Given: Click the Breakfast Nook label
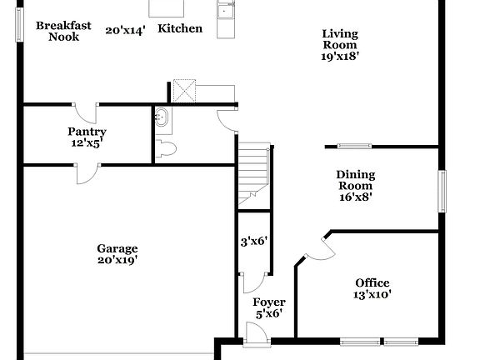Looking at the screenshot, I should [x=63, y=31].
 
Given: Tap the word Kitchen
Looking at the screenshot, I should [x=180, y=28].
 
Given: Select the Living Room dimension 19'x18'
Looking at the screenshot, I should [x=340, y=57].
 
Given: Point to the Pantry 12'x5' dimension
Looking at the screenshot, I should [x=87, y=143].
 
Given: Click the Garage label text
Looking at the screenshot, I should [x=117, y=248].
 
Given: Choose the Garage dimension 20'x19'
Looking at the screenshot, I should [x=117, y=260].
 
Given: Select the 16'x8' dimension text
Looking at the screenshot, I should [x=355, y=197].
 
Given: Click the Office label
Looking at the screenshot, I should [x=372, y=282].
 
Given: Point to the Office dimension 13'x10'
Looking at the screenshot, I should [x=372, y=294].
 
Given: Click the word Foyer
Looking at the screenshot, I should [x=268, y=302].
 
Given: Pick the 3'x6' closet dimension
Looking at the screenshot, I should [x=252, y=242].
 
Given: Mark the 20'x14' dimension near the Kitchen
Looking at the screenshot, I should [x=125, y=30].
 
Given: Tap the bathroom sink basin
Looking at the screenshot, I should [x=162, y=118].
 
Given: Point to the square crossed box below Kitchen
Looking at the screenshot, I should [x=183, y=89].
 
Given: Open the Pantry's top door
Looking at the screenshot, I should [x=84, y=114].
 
